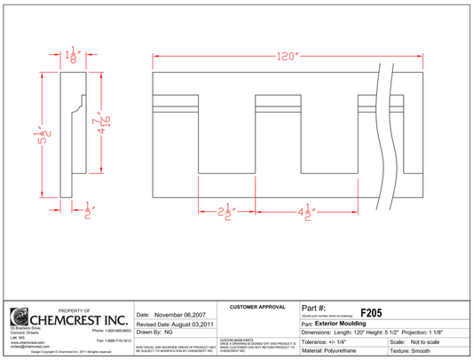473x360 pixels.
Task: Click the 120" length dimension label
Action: (285, 57)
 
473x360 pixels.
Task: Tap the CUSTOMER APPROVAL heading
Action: (257, 307)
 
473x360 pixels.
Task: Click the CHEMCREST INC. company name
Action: (80, 318)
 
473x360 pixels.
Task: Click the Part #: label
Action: (314, 308)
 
